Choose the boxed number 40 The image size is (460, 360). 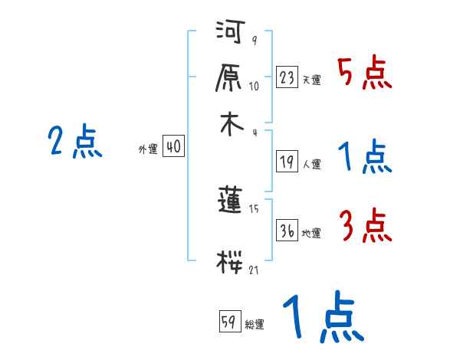[x=174, y=147]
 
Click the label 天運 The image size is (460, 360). [x=312, y=80]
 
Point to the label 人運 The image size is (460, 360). [x=312, y=164]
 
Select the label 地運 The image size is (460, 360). [x=312, y=234]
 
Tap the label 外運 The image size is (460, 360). [x=148, y=150]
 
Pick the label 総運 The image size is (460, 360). [x=255, y=325]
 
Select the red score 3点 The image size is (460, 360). [x=364, y=225]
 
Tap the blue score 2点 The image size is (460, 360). [x=75, y=142]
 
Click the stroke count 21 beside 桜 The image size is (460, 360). [x=254, y=269]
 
